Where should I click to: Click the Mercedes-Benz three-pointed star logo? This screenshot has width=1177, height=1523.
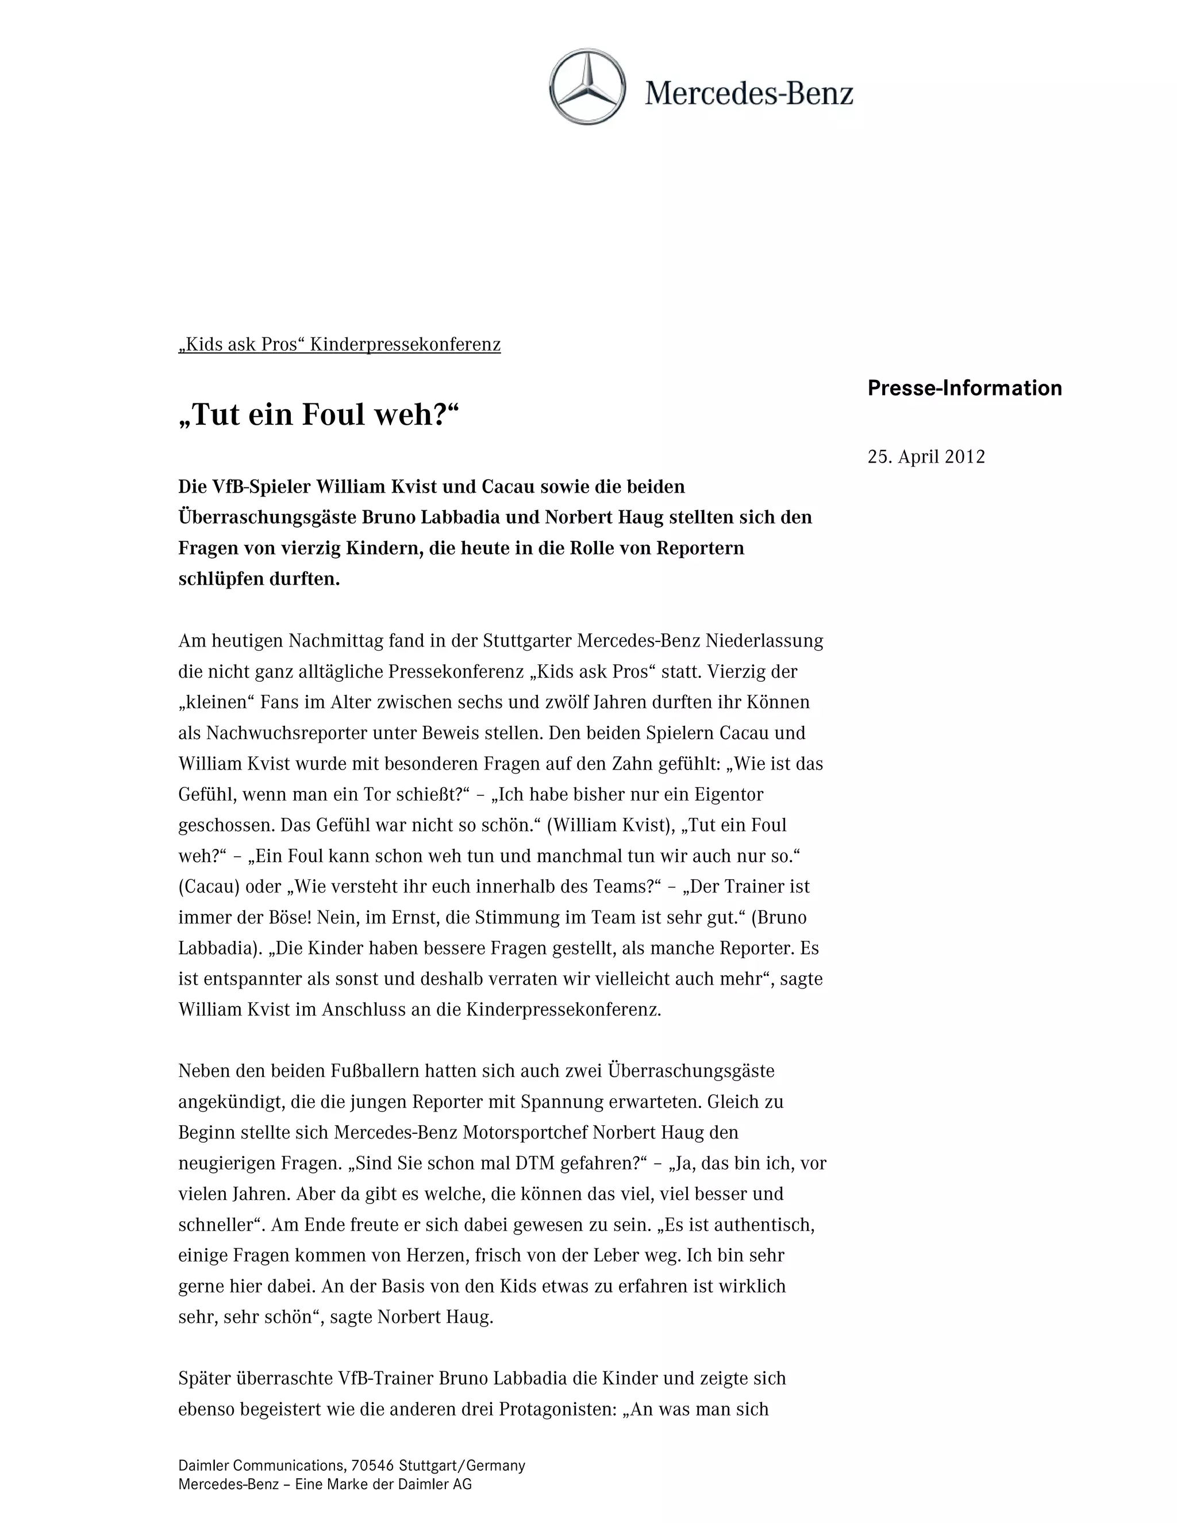point(587,87)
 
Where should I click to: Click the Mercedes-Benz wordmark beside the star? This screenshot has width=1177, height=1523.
point(749,93)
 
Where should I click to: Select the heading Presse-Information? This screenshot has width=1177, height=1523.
point(964,389)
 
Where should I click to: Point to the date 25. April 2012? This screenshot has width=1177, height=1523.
point(926,457)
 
